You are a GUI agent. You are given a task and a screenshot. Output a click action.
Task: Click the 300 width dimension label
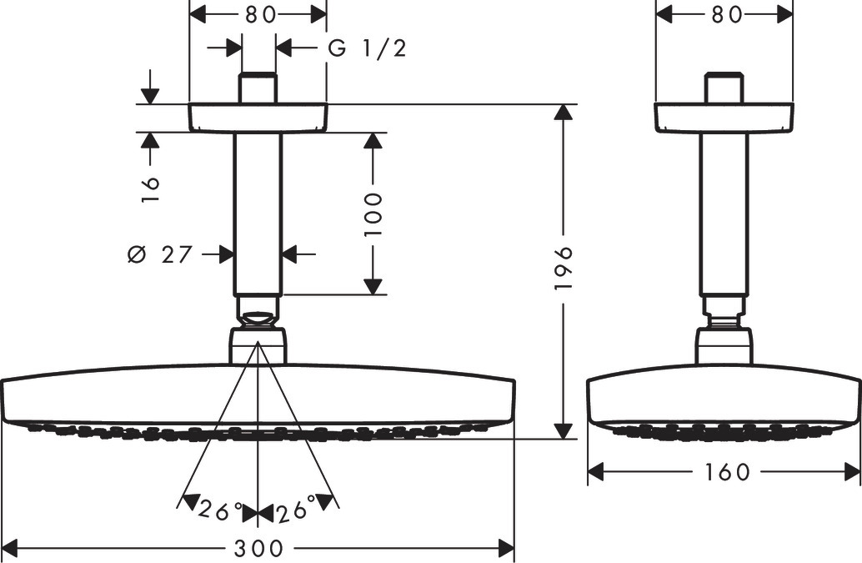[258, 548]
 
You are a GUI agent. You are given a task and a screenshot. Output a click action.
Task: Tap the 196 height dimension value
[564, 269]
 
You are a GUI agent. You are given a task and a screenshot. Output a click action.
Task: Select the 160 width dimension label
[725, 471]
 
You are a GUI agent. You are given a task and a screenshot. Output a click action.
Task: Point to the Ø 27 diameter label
[160, 254]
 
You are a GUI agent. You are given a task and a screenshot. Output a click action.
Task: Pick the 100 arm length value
[373, 214]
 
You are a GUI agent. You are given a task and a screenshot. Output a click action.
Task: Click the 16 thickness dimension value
[150, 189]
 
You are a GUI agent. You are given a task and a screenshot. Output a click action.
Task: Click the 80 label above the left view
[260, 15]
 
